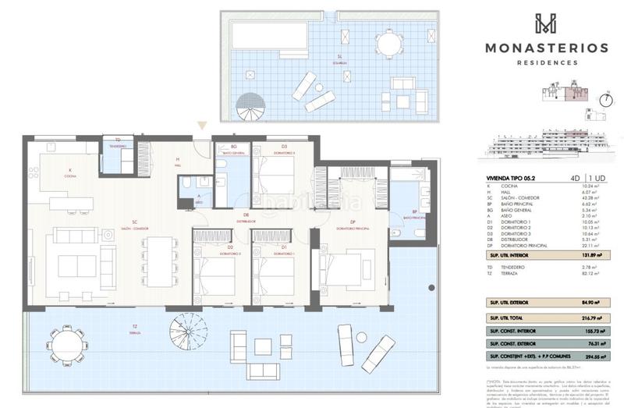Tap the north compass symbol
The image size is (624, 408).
tap(604, 99)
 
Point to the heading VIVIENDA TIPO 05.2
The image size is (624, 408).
tap(512, 179)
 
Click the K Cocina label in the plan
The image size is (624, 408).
tap(69, 173)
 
